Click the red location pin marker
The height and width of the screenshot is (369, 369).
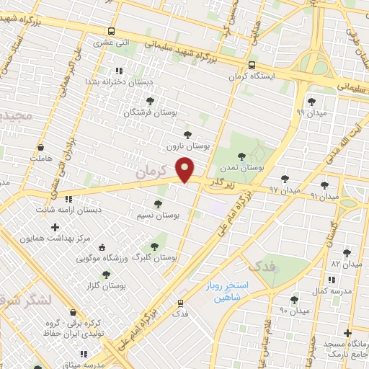tap(186, 169)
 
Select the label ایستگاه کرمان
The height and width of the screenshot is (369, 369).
tap(254, 76)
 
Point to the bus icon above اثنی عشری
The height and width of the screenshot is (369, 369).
tap(110, 32)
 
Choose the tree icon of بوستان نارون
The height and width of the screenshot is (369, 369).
tap(187, 134)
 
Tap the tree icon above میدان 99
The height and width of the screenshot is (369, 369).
tap(311, 102)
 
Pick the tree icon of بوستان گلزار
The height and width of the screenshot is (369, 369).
tap(106, 275)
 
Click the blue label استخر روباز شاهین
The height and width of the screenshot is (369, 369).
tap(228, 291)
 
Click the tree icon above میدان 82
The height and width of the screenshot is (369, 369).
tap(347, 253)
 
